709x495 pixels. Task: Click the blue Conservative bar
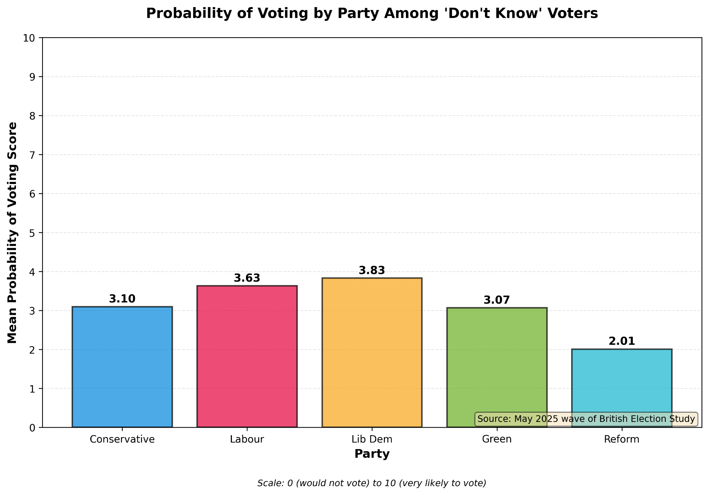click(x=122, y=367)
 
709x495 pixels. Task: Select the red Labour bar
click(x=247, y=356)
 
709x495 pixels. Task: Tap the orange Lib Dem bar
click(x=372, y=352)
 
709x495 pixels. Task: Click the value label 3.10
click(x=122, y=299)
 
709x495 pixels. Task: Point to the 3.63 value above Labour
click(x=247, y=278)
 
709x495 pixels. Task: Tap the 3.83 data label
click(x=372, y=271)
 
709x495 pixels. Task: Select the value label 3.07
click(x=497, y=300)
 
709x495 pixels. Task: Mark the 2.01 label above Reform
click(x=621, y=341)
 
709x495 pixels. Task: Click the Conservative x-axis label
click(x=122, y=439)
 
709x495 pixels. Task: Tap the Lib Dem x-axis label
click(x=372, y=439)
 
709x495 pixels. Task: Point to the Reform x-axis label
click(x=621, y=439)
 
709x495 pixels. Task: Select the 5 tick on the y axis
click(x=34, y=233)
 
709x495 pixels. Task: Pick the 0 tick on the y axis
click(x=34, y=428)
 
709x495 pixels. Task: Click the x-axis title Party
click(x=372, y=454)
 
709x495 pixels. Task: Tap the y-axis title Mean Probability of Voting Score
click(x=13, y=233)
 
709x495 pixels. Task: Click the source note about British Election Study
click(x=586, y=419)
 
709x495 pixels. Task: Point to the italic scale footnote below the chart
click(x=372, y=483)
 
